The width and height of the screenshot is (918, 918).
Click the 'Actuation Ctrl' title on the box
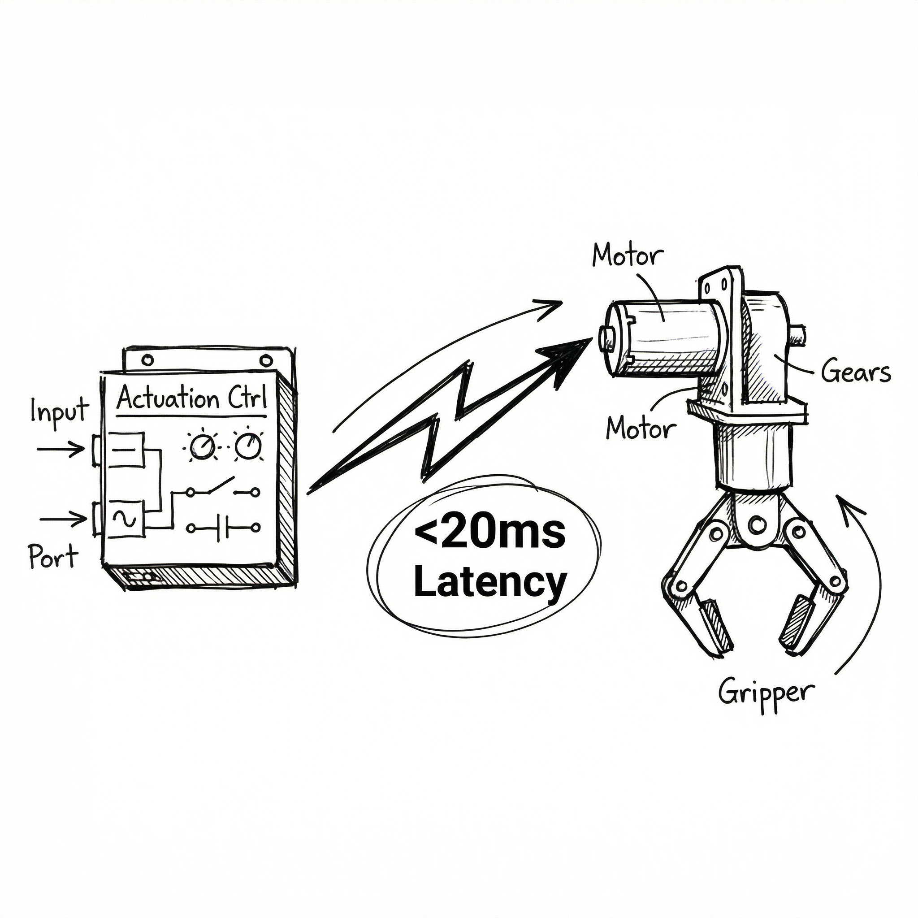coord(191,398)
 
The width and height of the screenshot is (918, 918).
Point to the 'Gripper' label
coord(766,694)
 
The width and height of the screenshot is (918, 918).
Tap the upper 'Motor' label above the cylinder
coord(627,256)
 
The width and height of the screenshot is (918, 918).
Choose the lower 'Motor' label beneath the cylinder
coord(641,429)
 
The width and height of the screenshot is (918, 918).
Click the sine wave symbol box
coord(126,519)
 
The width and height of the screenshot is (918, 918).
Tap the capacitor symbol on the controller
coord(223,528)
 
